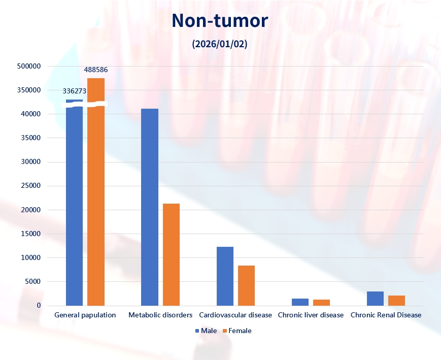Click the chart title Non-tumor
(x=220, y=20)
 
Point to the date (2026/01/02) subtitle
(x=220, y=44)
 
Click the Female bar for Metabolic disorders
(x=171, y=254)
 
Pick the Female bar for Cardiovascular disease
(x=246, y=285)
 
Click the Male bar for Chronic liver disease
(x=300, y=302)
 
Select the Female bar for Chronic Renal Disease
(x=396, y=300)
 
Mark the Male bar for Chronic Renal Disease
(x=375, y=299)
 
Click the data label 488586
(x=96, y=70)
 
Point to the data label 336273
(x=75, y=91)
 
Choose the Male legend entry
(x=206, y=331)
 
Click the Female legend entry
(x=236, y=331)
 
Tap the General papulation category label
(x=85, y=315)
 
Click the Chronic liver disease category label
(x=311, y=315)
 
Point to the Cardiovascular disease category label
(x=235, y=315)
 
